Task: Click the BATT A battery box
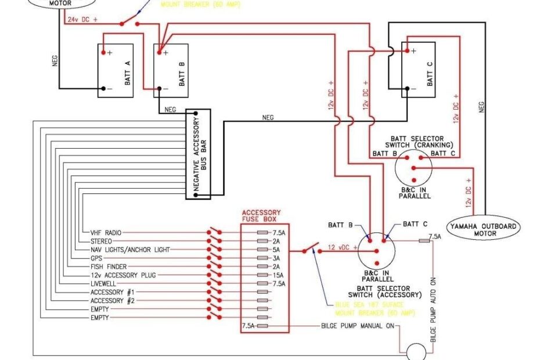(116, 70)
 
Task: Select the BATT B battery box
(171, 70)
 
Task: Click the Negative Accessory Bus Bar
(197, 154)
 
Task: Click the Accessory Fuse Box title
(261, 216)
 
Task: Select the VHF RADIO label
(106, 232)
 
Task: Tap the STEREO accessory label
(102, 241)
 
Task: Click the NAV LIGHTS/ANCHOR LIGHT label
(130, 250)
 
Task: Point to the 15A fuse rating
(279, 275)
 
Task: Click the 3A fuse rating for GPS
(277, 258)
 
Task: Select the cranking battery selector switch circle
(413, 168)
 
